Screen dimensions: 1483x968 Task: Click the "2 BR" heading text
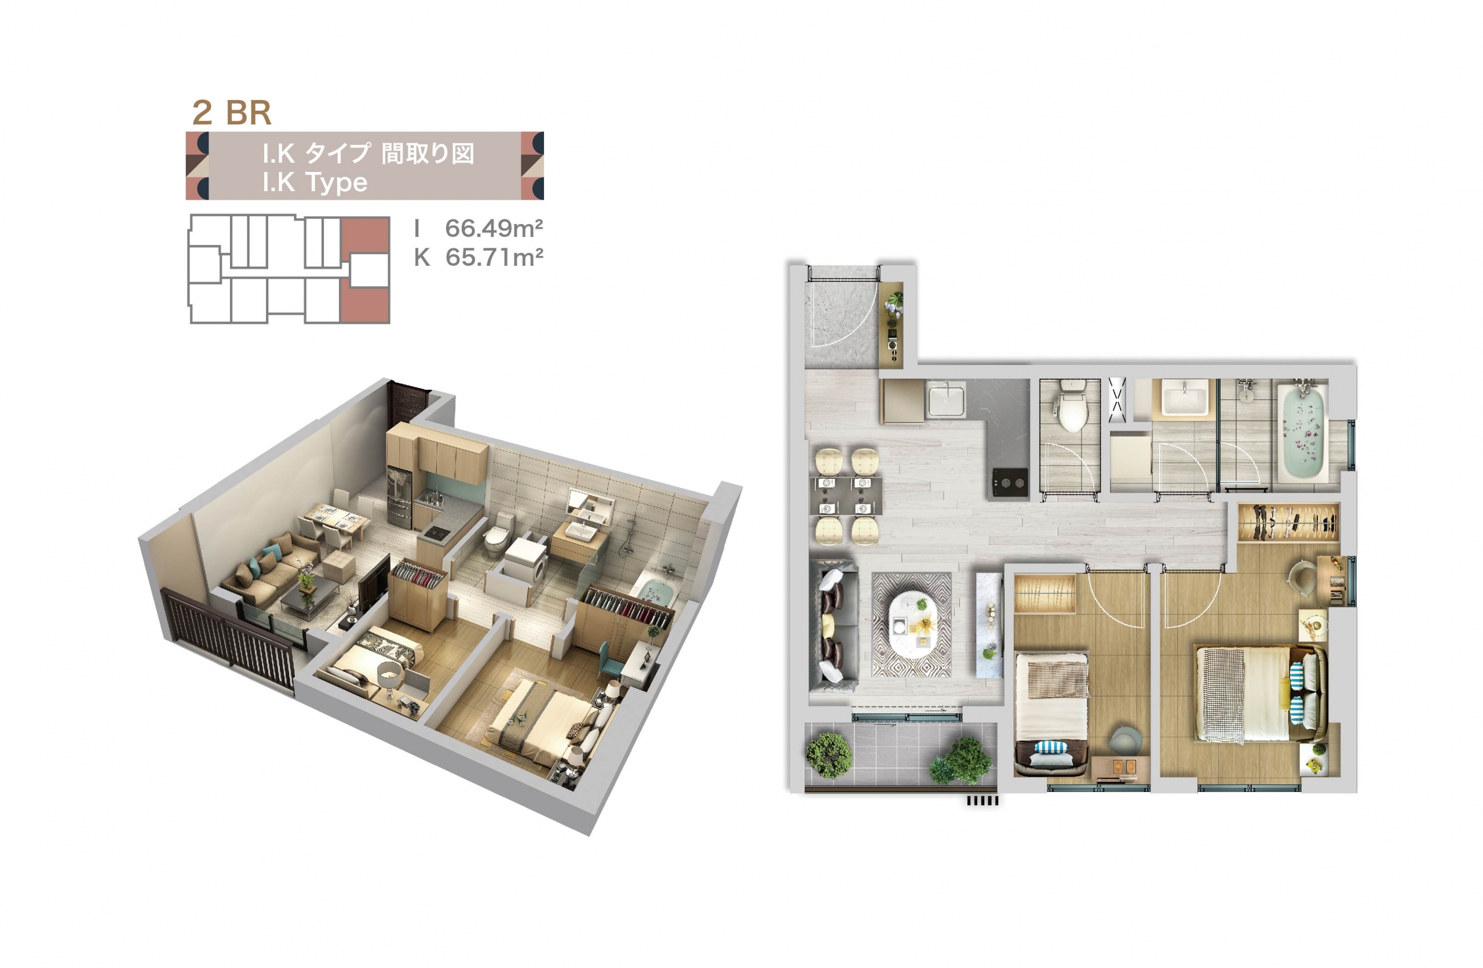pyautogui.click(x=232, y=113)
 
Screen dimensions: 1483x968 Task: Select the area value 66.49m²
pyautogui.click(x=494, y=228)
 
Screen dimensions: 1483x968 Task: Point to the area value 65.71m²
pyautogui.click(x=494, y=257)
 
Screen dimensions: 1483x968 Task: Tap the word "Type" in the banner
pyautogui.click(x=337, y=182)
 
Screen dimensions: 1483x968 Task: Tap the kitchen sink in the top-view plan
pyautogui.click(x=946, y=399)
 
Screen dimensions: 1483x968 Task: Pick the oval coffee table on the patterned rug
pyautogui.click(x=913, y=624)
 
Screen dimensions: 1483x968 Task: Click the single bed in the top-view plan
pyautogui.click(x=1052, y=714)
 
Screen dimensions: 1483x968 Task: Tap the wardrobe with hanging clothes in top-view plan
pyautogui.click(x=1287, y=522)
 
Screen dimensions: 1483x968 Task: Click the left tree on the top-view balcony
pyautogui.click(x=829, y=756)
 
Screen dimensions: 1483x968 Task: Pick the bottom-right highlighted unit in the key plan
pyautogui.click(x=365, y=305)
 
